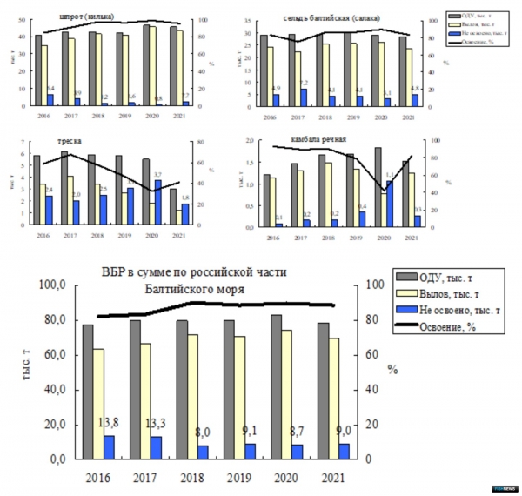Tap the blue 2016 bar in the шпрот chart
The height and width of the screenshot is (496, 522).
coord(49,100)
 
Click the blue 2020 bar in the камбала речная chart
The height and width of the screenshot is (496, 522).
coord(389,203)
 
